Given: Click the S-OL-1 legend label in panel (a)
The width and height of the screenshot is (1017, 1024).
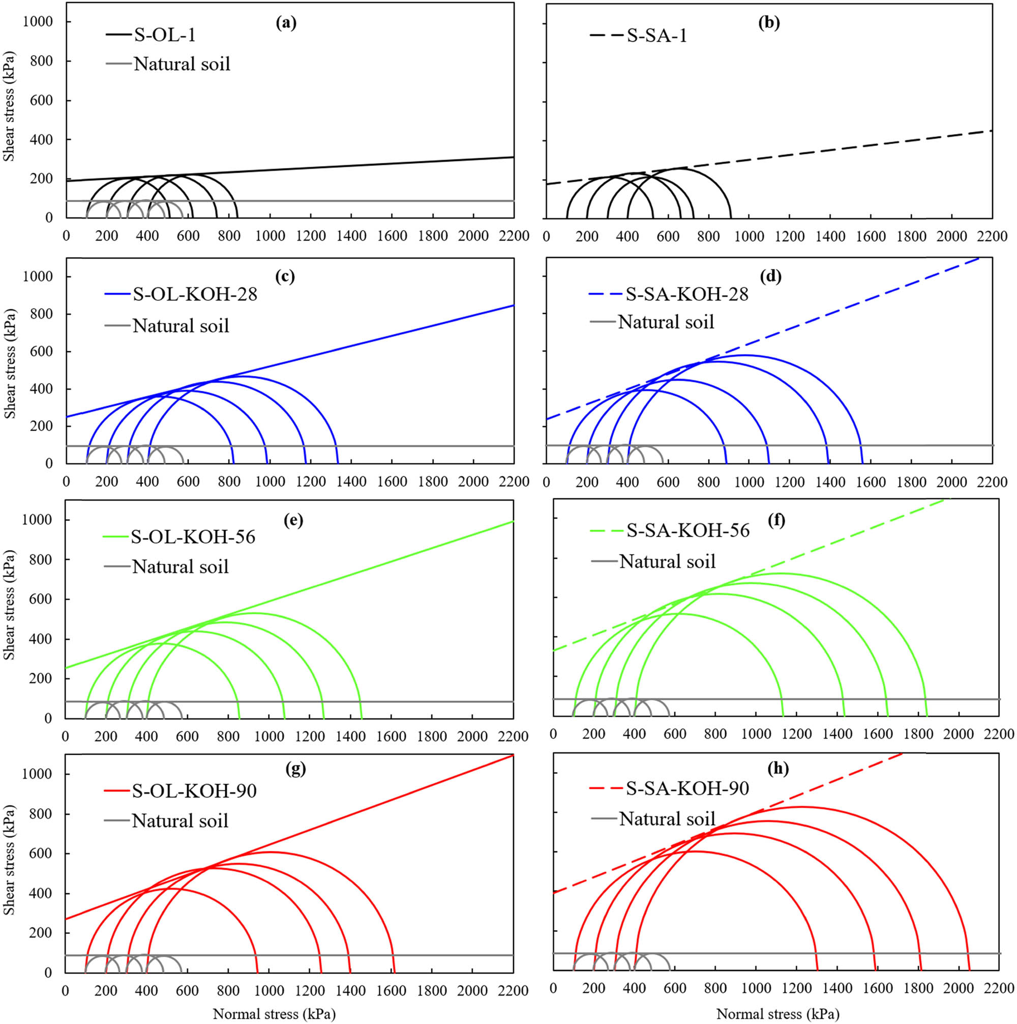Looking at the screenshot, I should pos(165,35).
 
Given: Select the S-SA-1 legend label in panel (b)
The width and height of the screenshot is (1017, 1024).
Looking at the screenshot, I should pos(657,36).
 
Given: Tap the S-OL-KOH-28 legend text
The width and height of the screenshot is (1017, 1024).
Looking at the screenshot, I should pos(194,294).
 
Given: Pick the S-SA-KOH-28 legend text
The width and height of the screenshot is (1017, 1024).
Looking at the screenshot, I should pos(686,294).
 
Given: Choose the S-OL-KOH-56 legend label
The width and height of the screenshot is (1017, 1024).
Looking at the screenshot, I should pos(193,537).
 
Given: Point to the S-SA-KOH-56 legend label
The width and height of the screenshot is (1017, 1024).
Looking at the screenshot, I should pos(687,530).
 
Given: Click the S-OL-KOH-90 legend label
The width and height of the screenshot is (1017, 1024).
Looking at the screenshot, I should pos(194,791).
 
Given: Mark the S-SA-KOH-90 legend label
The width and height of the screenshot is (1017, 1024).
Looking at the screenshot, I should pos(687,788).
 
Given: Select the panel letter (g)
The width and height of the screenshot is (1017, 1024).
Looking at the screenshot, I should pos(295,769).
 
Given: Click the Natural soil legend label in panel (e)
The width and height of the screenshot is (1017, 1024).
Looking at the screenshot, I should pos(180,566).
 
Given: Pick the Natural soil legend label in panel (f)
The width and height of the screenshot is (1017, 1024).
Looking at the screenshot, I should pos(667,561).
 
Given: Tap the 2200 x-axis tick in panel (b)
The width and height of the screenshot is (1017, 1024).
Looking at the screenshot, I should pos(992,236).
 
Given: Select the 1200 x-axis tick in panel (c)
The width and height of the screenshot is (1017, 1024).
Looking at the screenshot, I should pos(310,481).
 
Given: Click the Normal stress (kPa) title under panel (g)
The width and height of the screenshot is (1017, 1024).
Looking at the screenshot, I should pos(274,1014).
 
